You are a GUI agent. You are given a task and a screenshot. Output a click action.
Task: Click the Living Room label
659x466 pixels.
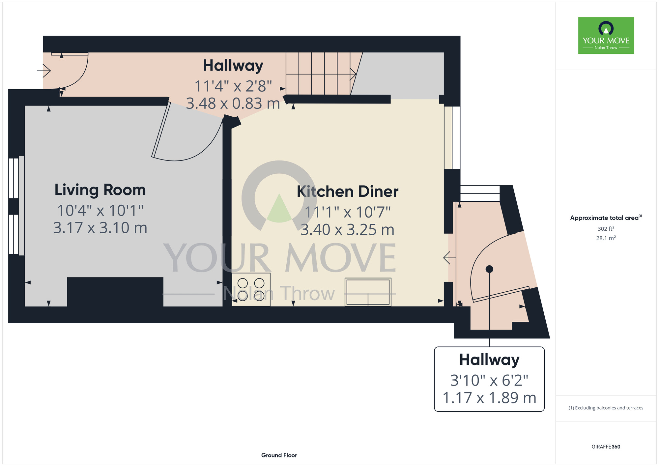100,190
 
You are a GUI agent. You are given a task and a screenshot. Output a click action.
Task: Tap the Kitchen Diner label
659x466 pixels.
348,191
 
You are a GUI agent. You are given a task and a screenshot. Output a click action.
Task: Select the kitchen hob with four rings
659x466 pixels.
251,289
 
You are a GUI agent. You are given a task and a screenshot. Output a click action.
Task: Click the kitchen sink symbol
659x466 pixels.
368,292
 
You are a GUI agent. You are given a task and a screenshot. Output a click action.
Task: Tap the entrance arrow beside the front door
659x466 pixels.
44,71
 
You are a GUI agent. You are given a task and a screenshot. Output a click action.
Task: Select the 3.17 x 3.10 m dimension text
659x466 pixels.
100,228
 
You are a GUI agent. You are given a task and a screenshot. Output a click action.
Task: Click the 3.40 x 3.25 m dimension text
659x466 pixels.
348,230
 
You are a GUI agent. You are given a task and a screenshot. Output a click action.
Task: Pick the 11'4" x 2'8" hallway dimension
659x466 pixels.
233,86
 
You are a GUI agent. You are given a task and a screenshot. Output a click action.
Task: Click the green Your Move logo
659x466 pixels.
606,36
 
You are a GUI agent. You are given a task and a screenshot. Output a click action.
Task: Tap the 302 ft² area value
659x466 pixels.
606,229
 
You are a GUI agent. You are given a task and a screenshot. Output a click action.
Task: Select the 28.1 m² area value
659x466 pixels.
606,238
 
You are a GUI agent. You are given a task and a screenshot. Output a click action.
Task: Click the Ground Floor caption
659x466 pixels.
279,455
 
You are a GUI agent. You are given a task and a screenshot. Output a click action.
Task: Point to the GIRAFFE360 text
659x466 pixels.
606,447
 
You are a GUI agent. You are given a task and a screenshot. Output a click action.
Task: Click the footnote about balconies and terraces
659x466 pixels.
606,408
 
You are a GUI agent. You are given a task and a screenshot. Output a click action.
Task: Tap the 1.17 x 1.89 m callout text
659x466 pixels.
489,398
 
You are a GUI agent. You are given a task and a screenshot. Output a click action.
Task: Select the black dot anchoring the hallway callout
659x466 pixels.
489,269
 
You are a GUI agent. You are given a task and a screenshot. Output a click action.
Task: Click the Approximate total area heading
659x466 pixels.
606,218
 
